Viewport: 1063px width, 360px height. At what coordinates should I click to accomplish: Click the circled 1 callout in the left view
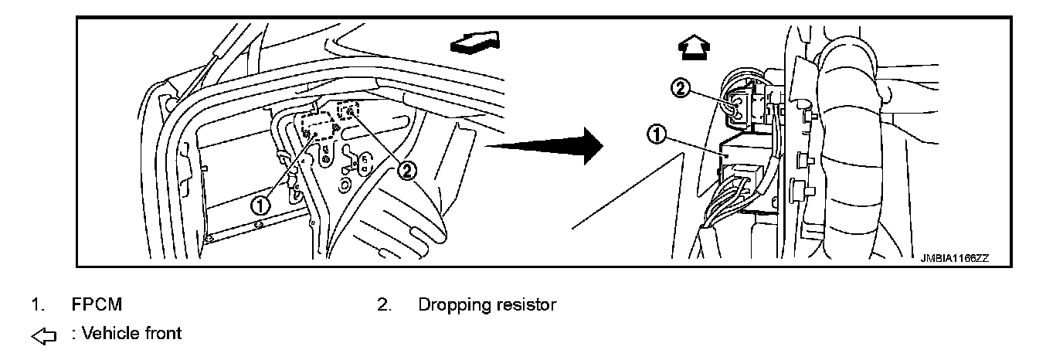[x=261, y=205]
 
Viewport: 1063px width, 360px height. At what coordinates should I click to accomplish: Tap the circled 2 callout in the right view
[x=681, y=89]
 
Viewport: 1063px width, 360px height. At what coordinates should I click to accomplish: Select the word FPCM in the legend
[x=97, y=305]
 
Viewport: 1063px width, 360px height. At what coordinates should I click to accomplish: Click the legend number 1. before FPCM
[x=36, y=305]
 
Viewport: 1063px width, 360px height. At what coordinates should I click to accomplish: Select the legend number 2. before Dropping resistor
[x=384, y=305]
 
